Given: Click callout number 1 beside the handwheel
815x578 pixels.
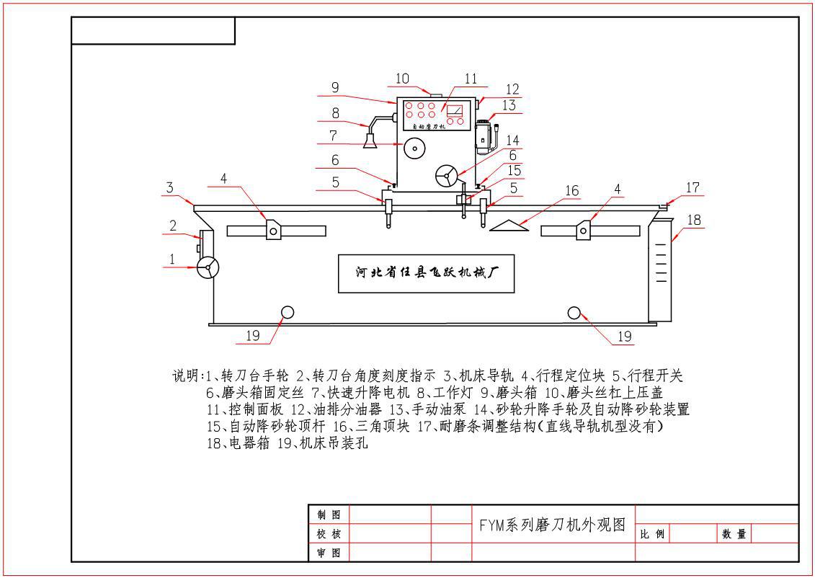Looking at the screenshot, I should [x=172, y=257].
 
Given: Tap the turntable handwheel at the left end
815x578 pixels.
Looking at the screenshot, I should [x=208, y=268].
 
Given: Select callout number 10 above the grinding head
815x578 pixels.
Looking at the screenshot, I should [x=402, y=78].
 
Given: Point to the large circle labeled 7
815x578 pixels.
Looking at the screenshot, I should [x=414, y=148].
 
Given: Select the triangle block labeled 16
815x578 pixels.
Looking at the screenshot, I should [x=509, y=226].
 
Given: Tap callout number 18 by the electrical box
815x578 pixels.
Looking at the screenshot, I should [x=695, y=220].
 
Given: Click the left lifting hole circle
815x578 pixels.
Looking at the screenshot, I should [x=287, y=312].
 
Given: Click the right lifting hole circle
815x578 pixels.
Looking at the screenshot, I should [x=574, y=312].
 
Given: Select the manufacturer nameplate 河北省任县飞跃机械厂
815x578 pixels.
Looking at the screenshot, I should [x=427, y=273].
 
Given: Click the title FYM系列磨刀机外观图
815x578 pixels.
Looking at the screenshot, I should [x=552, y=524].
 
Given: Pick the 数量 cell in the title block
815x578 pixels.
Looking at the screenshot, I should [x=734, y=535].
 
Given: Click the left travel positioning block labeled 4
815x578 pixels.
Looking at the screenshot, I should [x=274, y=229].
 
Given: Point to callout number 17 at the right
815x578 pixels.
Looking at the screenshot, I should [x=692, y=187].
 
